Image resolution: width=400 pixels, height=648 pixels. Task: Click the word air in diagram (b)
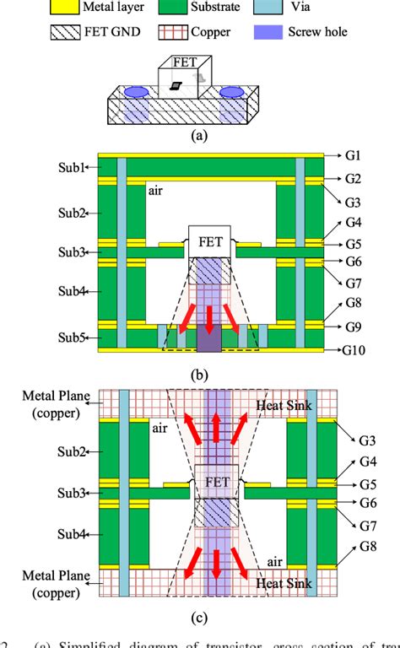[157, 192]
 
